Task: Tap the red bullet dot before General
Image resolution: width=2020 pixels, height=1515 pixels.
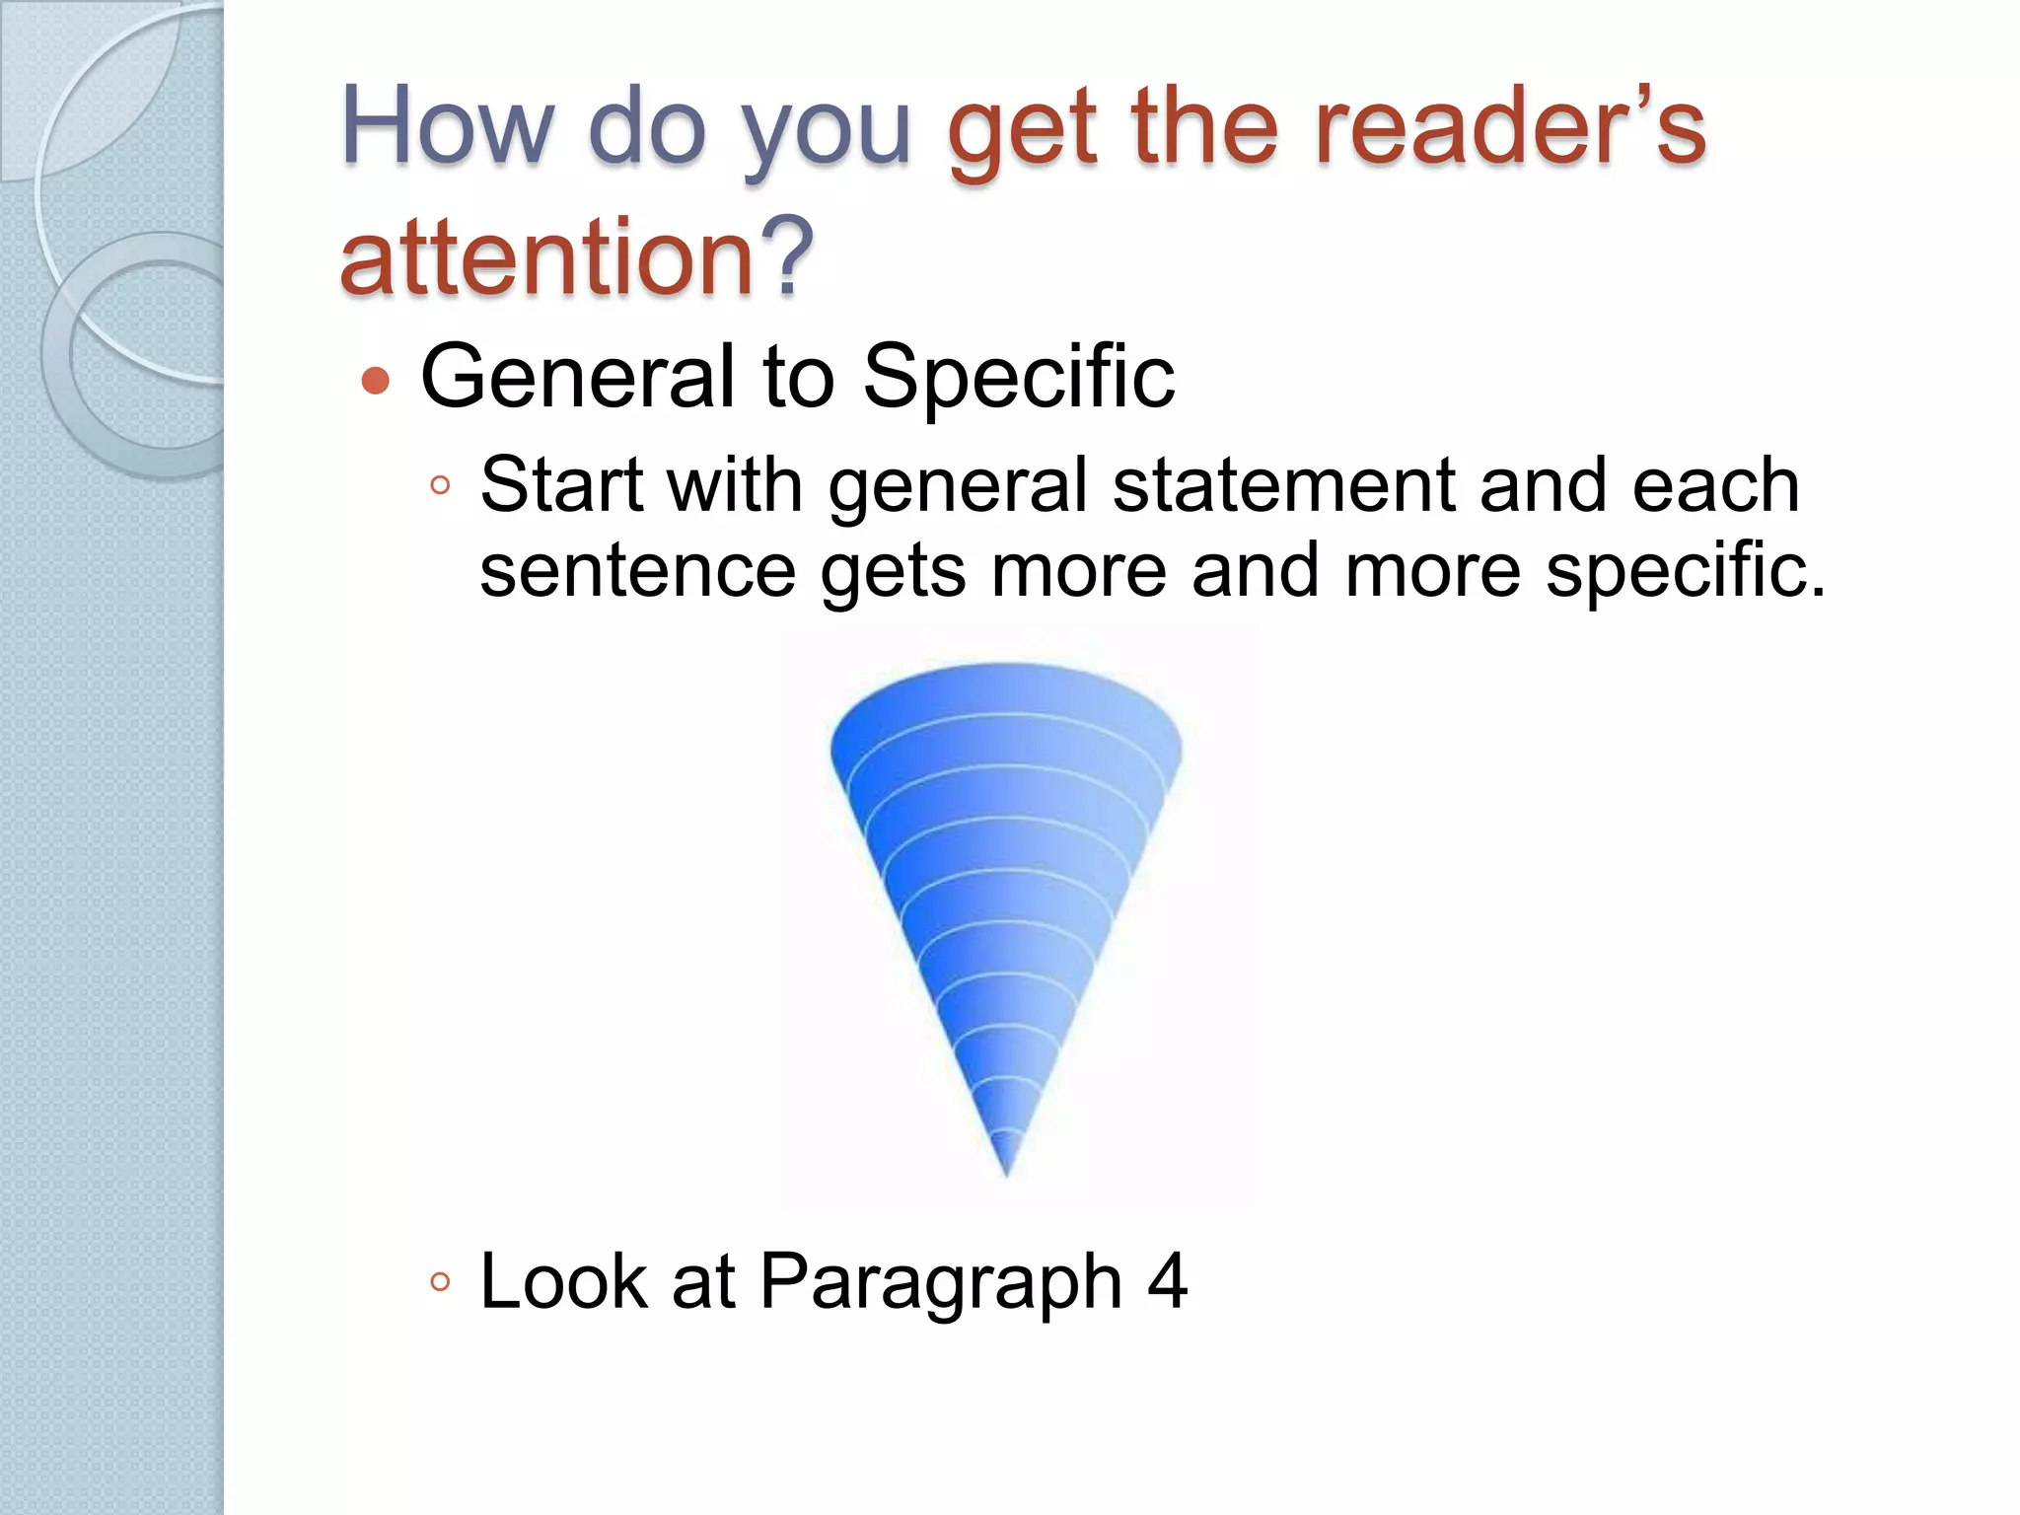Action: (376, 380)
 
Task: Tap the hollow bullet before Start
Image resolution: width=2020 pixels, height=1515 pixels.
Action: (441, 485)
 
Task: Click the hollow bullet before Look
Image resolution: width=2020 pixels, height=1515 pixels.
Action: (441, 1282)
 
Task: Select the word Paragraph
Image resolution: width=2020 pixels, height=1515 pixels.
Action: (941, 1282)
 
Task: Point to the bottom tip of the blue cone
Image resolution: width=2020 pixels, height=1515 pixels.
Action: (1006, 1172)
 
